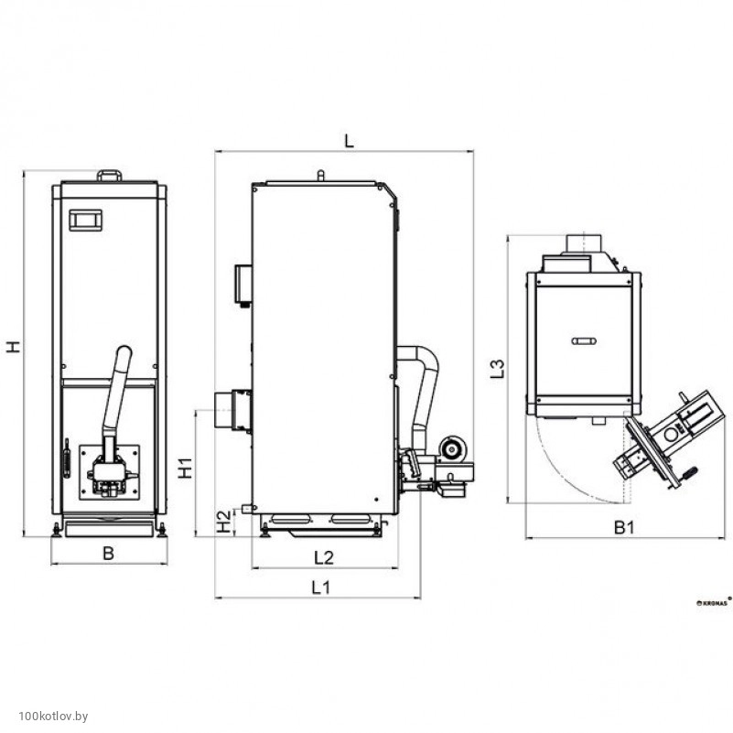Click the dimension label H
point(14,347)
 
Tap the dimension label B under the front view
point(108,553)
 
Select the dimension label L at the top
point(349,140)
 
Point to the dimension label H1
point(186,468)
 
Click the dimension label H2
point(224,522)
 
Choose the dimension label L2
point(324,557)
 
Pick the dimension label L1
point(321,587)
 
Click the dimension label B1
point(624,528)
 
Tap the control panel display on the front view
point(85,221)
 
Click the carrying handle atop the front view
point(110,176)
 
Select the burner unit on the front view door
point(110,472)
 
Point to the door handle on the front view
point(67,458)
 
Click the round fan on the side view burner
point(452,448)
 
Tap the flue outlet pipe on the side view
point(232,410)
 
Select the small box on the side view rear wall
point(243,285)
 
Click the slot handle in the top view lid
point(584,340)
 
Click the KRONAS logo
point(714,602)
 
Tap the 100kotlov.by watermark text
point(53,716)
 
